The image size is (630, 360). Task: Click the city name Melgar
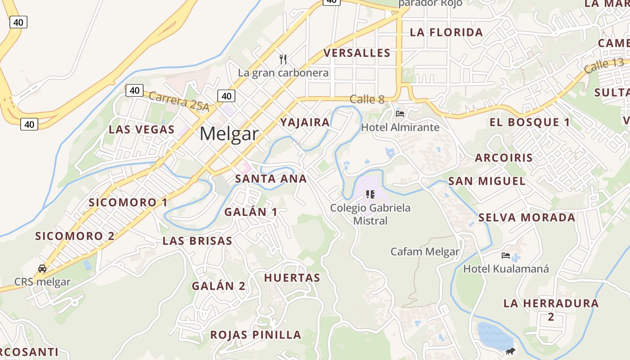click(229, 134)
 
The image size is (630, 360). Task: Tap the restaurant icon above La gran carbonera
click(283, 59)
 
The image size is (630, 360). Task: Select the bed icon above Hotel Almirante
click(400, 113)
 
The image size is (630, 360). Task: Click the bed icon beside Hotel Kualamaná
click(506, 256)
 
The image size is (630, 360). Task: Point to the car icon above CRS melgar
click(42, 269)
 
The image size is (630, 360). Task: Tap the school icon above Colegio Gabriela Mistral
click(370, 194)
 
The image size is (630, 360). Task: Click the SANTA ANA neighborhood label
click(271, 179)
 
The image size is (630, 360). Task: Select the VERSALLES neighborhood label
click(357, 53)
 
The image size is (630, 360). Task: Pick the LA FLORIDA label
click(446, 32)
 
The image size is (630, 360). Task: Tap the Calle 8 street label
click(367, 99)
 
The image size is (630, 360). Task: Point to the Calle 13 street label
click(604, 66)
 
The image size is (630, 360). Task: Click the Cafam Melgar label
click(425, 252)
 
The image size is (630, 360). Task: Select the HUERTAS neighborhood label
click(292, 278)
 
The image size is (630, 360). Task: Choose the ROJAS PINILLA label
click(256, 335)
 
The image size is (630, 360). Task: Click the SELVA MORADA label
click(526, 218)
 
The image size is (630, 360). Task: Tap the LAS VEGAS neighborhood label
click(141, 130)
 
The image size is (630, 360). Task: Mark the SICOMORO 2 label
click(75, 236)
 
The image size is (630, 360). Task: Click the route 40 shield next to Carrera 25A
click(134, 90)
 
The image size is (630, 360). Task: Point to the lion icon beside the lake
click(510, 351)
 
